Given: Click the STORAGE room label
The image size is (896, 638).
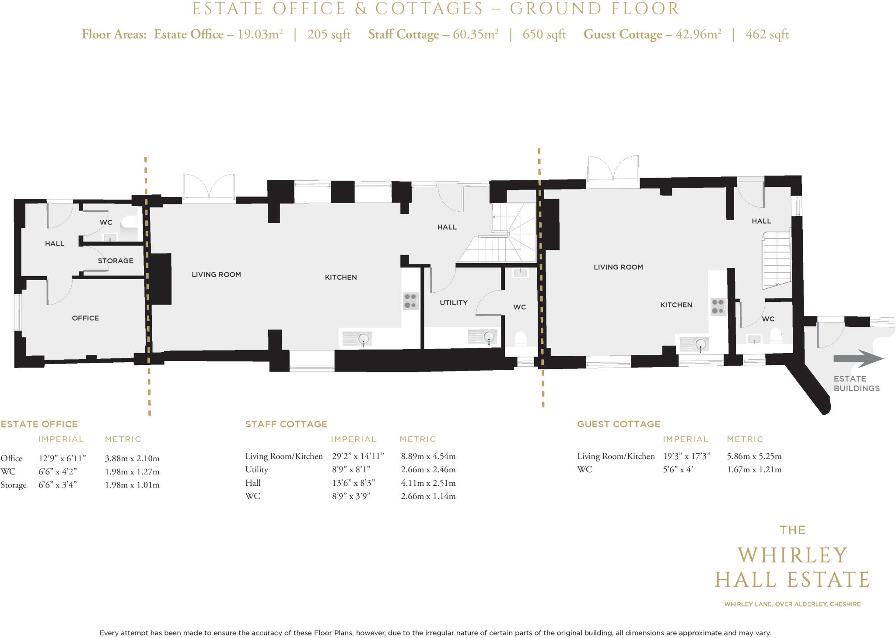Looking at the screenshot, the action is (x=115, y=261).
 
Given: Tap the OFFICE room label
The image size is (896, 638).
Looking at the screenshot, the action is (x=85, y=318).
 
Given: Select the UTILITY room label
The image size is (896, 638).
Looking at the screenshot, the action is (x=454, y=302).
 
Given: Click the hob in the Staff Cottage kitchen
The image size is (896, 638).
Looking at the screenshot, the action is (x=410, y=301).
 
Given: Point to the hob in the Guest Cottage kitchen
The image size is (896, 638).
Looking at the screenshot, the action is (x=717, y=306).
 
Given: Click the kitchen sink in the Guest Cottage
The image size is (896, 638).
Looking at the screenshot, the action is (x=694, y=344).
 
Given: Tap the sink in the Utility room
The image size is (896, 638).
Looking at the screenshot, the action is (x=483, y=337).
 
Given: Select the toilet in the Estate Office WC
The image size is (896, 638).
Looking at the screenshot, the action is (x=129, y=222).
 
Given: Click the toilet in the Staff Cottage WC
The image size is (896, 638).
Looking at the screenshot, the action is (x=521, y=338).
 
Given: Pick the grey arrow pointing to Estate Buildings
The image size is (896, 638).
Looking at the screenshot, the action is (x=858, y=359).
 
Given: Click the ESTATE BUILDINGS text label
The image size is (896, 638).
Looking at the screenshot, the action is (x=856, y=383).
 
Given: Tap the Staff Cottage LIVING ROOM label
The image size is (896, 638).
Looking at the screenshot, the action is (x=216, y=274).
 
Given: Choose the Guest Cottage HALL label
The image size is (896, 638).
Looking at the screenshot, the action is (x=761, y=221).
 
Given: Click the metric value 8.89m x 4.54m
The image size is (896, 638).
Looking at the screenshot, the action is (x=428, y=456).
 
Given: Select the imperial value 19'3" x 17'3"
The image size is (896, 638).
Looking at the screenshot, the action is (x=687, y=456).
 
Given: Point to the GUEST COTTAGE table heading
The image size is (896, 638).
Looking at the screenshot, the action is (x=619, y=424).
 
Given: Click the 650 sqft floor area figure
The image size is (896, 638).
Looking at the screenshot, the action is (x=544, y=34).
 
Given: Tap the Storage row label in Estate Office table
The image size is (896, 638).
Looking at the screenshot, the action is (x=14, y=485).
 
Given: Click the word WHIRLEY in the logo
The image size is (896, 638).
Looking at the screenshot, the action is (x=792, y=556).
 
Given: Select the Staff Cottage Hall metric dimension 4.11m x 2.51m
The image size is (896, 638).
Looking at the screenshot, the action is (x=428, y=483).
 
